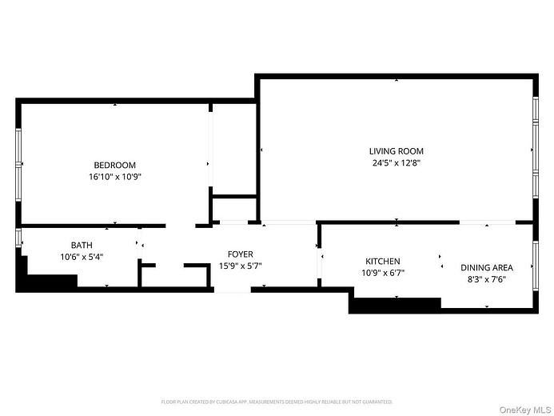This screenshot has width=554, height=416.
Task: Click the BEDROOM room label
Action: (x=114, y=165)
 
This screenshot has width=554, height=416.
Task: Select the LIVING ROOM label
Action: (x=396, y=151)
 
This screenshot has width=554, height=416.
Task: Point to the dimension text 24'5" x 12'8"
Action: (x=396, y=162)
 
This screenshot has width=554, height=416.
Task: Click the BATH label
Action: (x=82, y=246)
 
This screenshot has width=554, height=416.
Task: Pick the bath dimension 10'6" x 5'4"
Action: (x=82, y=257)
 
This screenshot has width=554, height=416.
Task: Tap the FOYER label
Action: (x=241, y=254)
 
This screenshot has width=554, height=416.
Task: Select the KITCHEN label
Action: (x=383, y=262)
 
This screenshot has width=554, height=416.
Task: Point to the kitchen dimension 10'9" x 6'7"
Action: (x=383, y=273)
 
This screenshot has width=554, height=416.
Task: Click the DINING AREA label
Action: (x=486, y=268)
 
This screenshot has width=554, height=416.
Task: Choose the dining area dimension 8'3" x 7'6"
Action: (x=486, y=279)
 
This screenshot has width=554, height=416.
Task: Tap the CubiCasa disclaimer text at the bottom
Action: (x=277, y=402)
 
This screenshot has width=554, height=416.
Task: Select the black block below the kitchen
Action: (x=396, y=305)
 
